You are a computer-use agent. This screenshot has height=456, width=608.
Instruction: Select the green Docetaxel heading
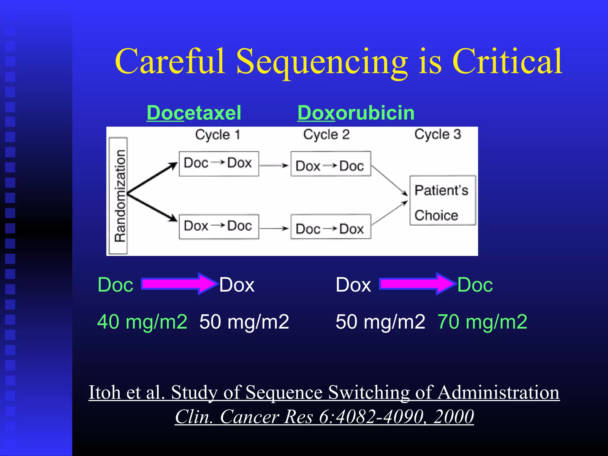pyautogui.click(x=194, y=113)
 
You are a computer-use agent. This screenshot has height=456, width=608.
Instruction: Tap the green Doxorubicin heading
pyautogui.click(x=356, y=113)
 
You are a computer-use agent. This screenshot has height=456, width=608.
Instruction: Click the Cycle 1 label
pyautogui.click(x=218, y=135)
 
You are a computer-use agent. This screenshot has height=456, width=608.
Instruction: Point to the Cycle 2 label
pyautogui.click(x=326, y=135)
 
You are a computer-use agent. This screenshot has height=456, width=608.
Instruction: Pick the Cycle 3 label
pyautogui.click(x=438, y=134)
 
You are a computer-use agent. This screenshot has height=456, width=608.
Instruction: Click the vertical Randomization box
pyautogui.click(x=118, y=196)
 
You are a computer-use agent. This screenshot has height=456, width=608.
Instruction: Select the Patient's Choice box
pyautogui.click(x=442, y=201)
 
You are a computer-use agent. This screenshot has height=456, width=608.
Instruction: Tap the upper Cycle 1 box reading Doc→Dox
pyautogui.click(x=219, y=164)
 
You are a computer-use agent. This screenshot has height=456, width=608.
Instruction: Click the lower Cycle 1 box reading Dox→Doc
pyautogui.click(x=219, y=227)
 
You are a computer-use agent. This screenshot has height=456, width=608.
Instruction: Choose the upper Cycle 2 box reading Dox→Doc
pyautogui.click(x=331, y=164)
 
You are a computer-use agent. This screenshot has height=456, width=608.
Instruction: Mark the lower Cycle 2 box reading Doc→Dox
pyautogui.click(x=331, y=227)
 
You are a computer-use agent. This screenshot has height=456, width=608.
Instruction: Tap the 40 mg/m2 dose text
pyautogui.click(x=142, y=322)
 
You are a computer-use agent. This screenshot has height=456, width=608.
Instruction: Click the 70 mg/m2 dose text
pyautogui.click(x=482, y=322)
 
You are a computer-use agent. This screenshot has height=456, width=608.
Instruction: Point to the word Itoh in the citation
pyautogui.click(x=104, y=392)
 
